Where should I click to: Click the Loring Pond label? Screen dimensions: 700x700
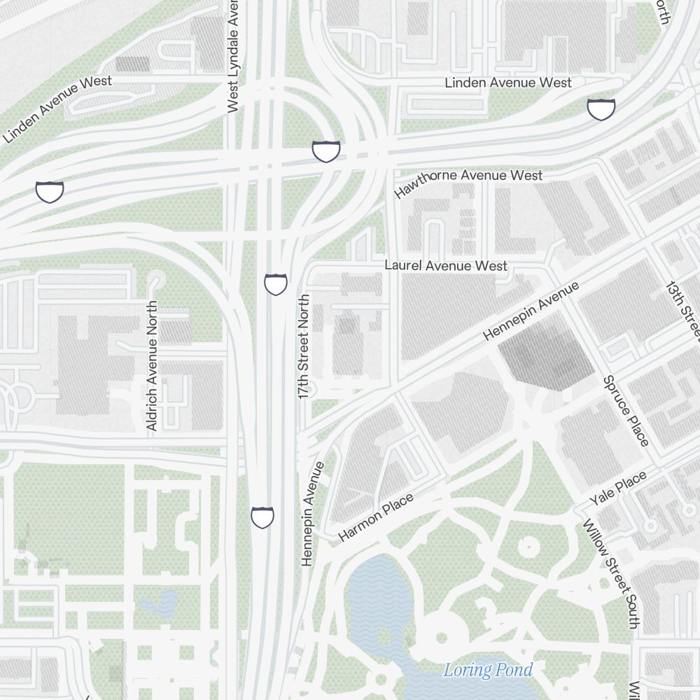(x=488, y=670)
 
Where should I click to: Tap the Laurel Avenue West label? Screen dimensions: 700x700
(x=446, y=266)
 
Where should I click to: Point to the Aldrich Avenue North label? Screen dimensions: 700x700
(x=153, y=365)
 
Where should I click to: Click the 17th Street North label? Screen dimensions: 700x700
(x=304, y=347)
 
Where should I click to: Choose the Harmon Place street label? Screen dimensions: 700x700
(x=375, y=517)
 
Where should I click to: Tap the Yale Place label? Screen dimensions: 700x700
(x=617, y=489)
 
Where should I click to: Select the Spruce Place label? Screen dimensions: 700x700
(x=626, y=411)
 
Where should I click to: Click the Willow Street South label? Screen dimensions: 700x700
(x=611, y=573)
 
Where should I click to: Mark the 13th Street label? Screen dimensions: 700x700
(x=682, y=308)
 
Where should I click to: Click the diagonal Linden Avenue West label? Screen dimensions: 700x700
(x=57, y=109)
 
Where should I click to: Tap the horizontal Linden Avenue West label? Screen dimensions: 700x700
(x=508, y=83)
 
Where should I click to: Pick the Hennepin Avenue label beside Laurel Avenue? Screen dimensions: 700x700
(x=531, y=311)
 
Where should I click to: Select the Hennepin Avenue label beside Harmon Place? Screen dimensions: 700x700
(x=312, y=512)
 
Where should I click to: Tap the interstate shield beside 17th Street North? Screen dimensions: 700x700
(x=276, y=284)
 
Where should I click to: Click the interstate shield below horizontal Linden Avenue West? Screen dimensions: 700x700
(x=601, y=108)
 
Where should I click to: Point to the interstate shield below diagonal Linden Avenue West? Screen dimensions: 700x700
(x=50, y=191)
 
